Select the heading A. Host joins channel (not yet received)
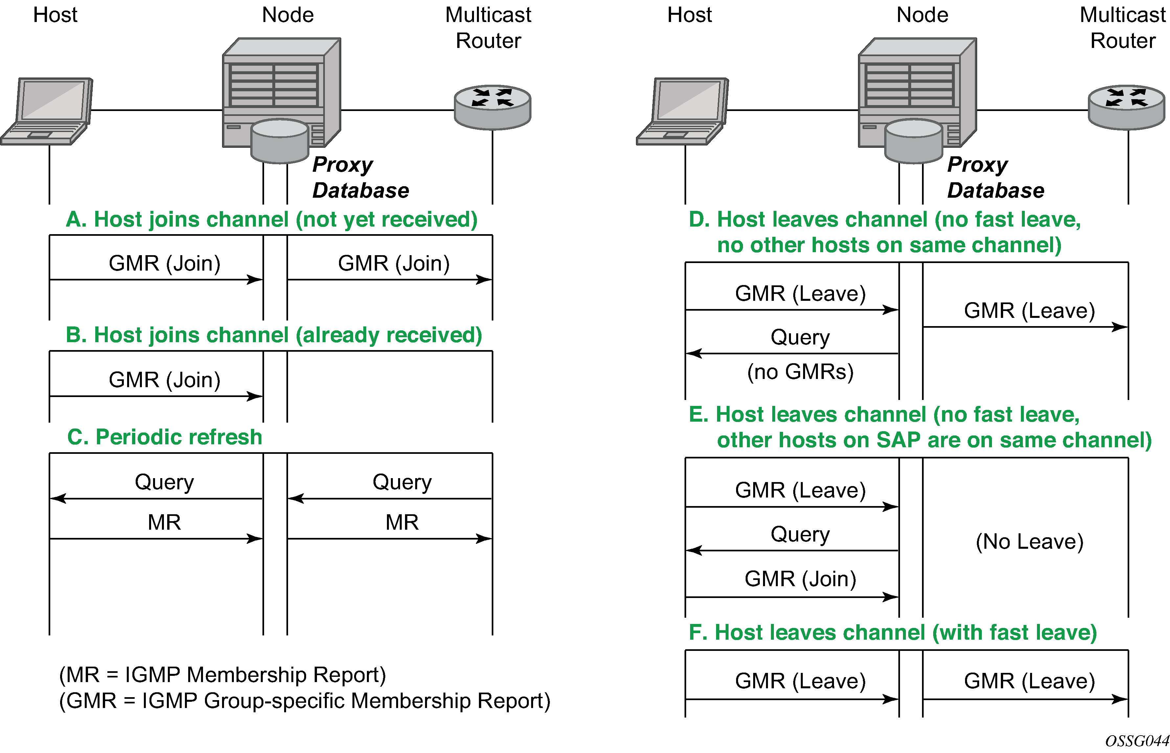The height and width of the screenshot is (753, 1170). (271, 220)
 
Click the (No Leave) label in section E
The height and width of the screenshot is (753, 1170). (1029, 542)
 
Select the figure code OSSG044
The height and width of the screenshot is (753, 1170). (1137, 741)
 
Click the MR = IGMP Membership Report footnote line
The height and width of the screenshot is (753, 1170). (222, 675)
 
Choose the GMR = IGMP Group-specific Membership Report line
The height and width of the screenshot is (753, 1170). (304, 701)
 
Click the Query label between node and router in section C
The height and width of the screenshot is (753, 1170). (402, 482)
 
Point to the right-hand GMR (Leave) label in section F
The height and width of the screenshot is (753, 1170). (1029, 681)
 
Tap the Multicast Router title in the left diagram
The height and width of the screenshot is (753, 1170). (488, 28)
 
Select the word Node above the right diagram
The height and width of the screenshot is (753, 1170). (922, 15)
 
